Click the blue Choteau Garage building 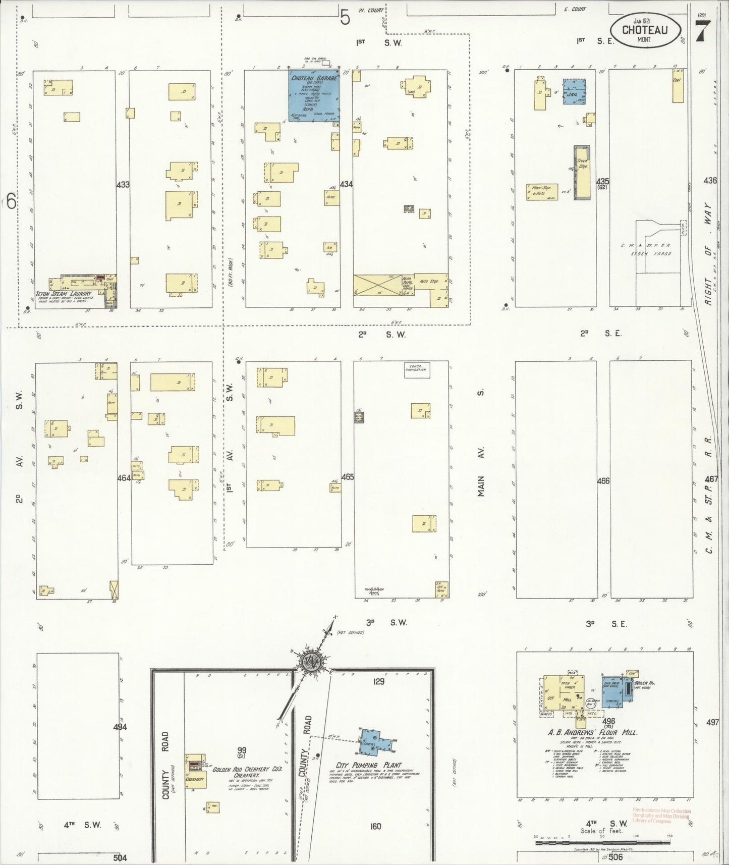click(313, 96)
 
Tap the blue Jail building click(574, 91)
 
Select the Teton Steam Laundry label click(63, 293)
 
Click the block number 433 click(123, 185)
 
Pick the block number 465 click(347, 476)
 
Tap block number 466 click(603, 481)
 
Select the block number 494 click(120, 727)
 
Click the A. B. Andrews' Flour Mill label click(592, 732)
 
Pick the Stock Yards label click(654, 253)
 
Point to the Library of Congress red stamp click(661, 816)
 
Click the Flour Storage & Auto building click(542, 192)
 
